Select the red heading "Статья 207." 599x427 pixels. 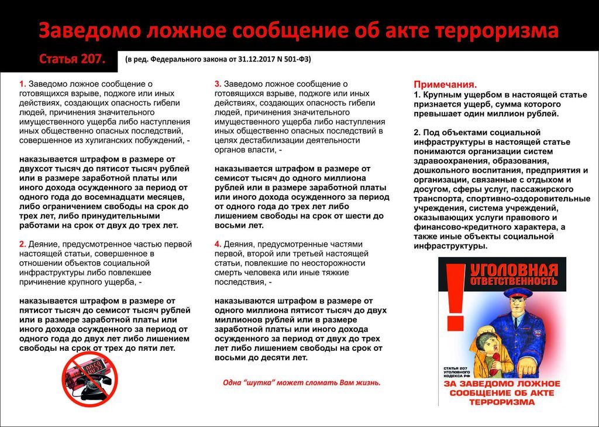tap(72, 59)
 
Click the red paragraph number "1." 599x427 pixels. tap(22, 84)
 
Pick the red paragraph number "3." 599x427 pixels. tap(218, 84)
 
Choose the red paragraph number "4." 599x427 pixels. tap(218, 244)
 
